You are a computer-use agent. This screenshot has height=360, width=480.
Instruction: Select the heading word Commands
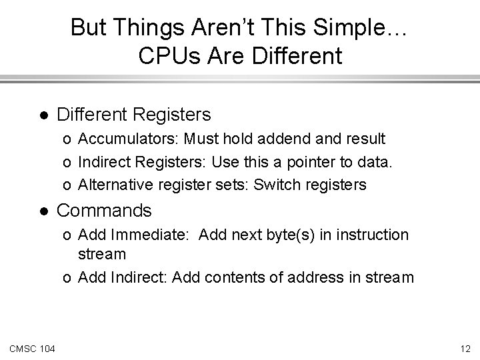(105, 211)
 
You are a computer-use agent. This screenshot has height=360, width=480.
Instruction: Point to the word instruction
(366, 235)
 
